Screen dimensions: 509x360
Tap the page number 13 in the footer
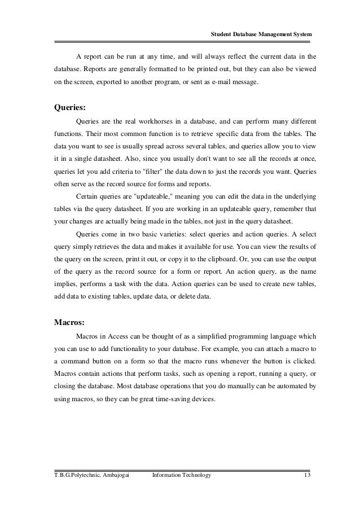306,476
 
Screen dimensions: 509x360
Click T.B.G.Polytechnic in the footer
69,476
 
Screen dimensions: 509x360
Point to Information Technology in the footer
182,476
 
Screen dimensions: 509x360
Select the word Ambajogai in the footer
115,476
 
